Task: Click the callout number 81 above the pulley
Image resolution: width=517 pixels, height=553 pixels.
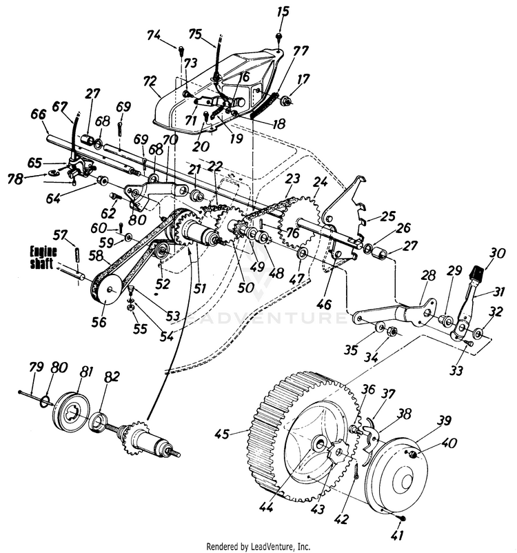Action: click(86, 372)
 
